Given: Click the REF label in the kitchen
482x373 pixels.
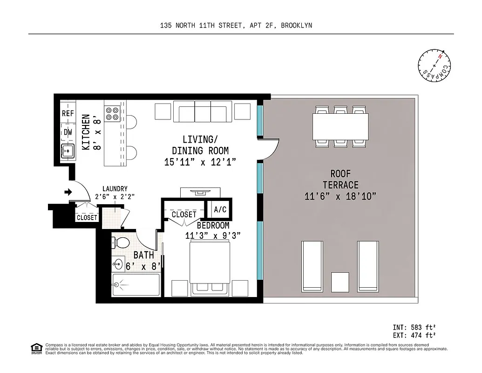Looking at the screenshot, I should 68,113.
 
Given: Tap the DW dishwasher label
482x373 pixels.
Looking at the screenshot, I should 68,132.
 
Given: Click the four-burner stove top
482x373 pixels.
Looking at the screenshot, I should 112,114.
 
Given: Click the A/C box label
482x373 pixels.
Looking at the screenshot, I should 220,210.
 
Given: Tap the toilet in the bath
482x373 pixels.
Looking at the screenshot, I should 122,243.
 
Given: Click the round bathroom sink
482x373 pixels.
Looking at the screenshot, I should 117,263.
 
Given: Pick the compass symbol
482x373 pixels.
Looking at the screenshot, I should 434,65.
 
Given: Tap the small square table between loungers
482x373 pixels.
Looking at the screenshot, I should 340,282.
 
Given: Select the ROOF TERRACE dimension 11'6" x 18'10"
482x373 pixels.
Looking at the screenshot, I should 340,196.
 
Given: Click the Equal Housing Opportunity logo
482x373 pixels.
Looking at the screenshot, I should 35,348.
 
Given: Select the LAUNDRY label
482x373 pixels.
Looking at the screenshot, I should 115,189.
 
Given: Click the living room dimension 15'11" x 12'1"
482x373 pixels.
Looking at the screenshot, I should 200,162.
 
